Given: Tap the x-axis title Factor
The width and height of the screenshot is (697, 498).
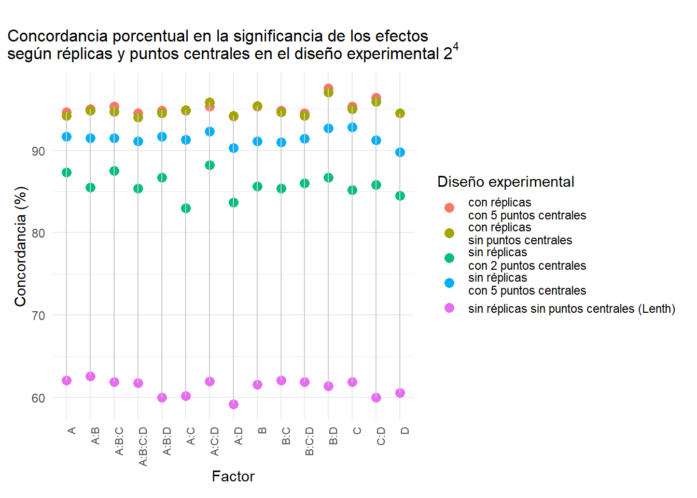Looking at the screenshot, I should (x=233, y=476).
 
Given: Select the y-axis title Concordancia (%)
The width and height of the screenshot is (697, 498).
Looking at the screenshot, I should (x=20, y=246).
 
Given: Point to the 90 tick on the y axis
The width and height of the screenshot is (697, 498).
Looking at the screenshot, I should (x=38, y=151).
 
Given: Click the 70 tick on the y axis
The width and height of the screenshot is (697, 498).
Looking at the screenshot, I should (x=38, y=315).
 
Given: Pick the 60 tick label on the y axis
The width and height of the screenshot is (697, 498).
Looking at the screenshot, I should (x=38, y=398).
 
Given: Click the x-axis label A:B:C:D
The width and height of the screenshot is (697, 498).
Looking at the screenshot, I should (x=143, y=446).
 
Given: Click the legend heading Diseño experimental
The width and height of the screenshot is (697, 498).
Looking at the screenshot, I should (x=506, y=182).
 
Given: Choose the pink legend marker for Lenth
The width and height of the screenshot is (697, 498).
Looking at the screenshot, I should (x=449, y=308).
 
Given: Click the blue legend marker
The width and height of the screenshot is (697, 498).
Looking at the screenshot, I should (x=449, y=283).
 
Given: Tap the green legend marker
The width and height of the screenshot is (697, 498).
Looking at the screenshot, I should (x=449, y=258).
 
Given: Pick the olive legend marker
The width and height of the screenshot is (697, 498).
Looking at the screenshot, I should (x=449, y=233).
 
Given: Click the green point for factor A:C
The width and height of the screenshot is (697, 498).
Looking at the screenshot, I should (x=186, y=209).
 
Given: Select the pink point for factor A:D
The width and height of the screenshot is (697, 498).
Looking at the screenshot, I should (x=233, y=404).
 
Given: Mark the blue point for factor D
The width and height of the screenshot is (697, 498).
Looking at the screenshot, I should (x=400, y=152).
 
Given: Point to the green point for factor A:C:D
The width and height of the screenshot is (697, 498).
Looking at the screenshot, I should (x=210, y=165).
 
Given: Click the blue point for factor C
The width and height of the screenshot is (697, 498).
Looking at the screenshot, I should (x=352, y=127).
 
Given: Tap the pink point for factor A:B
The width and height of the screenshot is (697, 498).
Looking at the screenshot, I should (x=90, y=376).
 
